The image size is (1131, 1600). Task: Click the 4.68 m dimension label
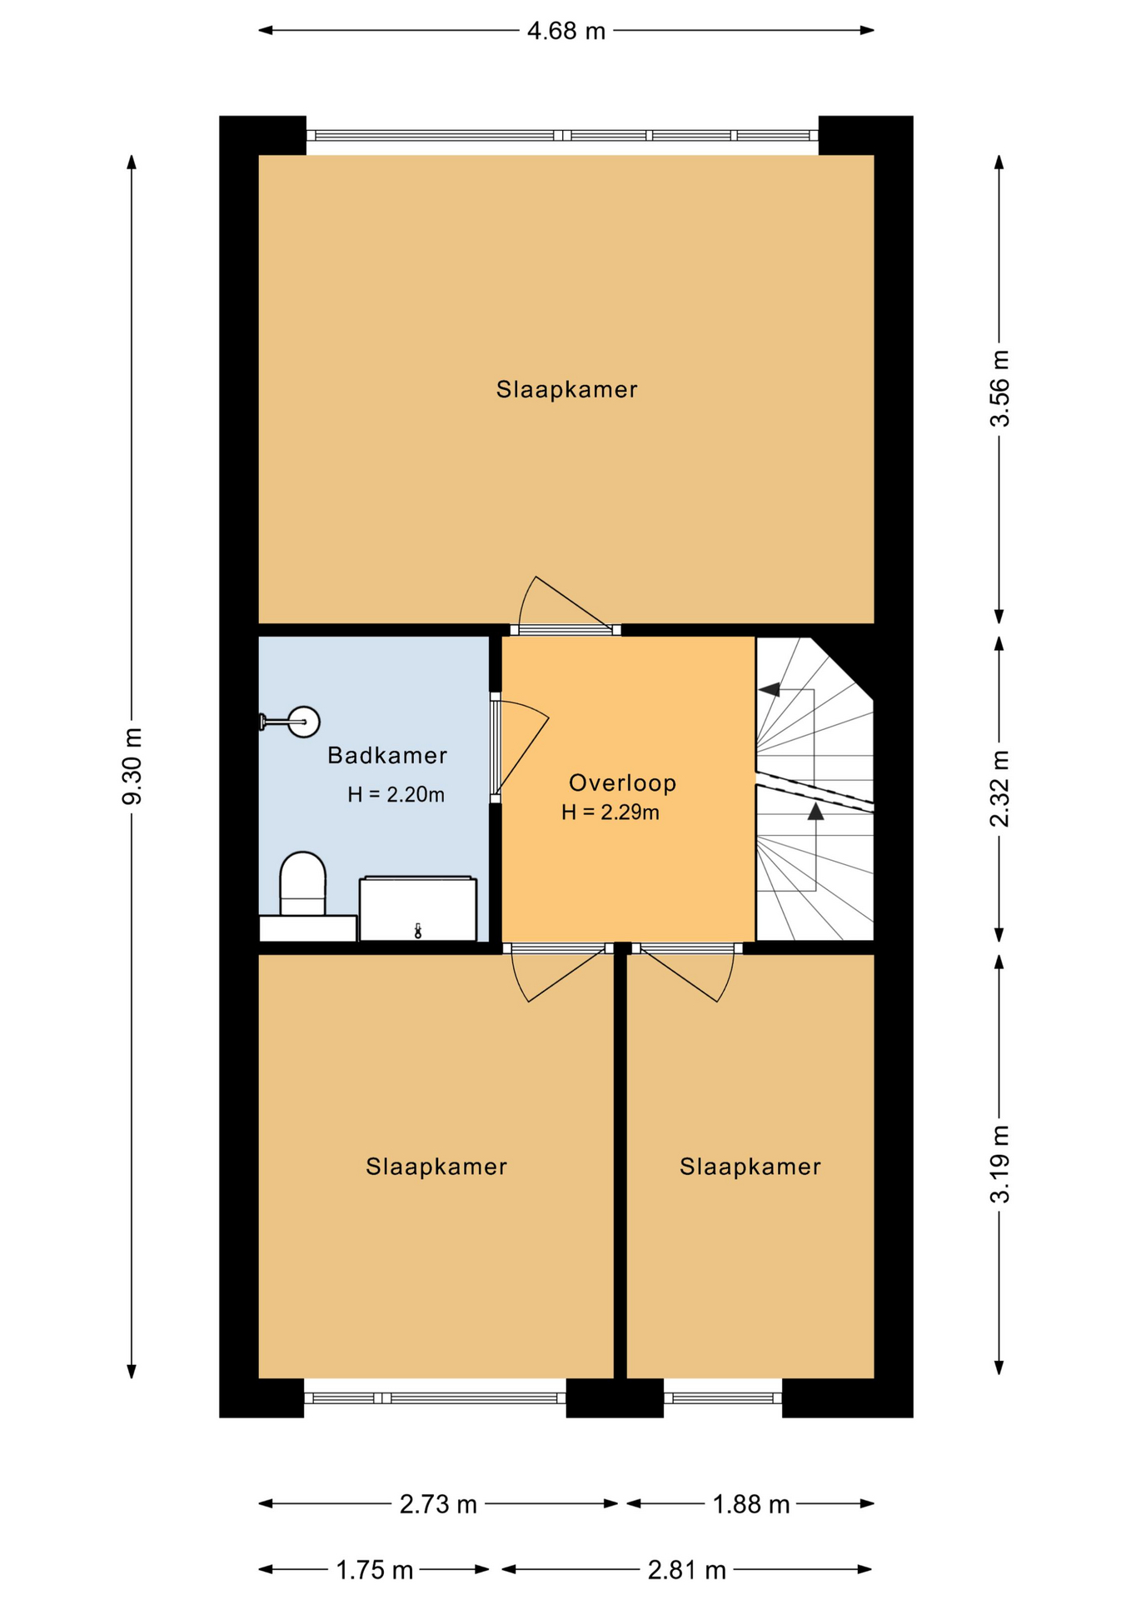point(566,32)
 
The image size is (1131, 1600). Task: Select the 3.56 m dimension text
point(999,388)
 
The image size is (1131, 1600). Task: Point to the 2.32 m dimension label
point(999,788)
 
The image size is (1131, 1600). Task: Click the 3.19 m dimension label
point(999,1164)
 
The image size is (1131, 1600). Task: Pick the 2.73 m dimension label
point(438,1504)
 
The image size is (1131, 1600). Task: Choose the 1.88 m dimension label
point(751,1504)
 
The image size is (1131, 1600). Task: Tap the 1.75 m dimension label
point(375,1571)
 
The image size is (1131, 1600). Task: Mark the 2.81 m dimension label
point(687,1571)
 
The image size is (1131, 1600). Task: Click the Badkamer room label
point(387,756)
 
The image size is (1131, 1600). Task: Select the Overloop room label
point(622,783)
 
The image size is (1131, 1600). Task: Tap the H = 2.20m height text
point(396,795)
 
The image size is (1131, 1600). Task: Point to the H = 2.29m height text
point(610,812)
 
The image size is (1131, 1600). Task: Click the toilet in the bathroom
point(302,885)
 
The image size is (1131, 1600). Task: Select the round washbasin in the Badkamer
point(304,722)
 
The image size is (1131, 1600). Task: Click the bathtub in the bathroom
point(418,908)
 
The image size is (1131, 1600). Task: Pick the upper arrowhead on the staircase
point(770,689)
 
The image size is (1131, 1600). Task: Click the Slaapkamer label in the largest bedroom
point(566,389)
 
